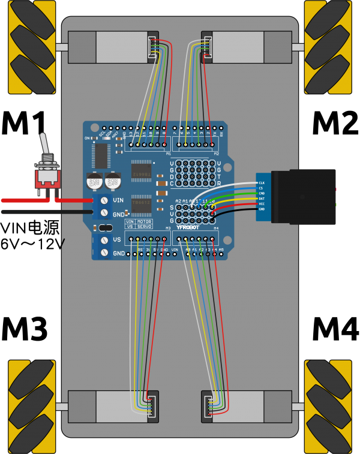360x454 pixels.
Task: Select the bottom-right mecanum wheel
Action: [x=328, y=407]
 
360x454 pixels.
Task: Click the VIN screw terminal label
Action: [x=118, y=200]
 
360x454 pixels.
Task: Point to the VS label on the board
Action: [x=116, y=240]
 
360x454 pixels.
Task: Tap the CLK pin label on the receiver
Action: [x=262, y=183]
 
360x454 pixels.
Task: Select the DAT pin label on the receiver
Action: [x=262, y=199]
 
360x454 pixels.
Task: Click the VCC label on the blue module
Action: [x=262, y=204]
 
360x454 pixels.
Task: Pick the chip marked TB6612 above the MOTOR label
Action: [x=142, y=204]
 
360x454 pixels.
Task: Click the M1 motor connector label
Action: [x=168, y=154]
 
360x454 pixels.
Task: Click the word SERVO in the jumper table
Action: [x=144, y=227]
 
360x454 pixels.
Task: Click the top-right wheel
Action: [x=328, y=47]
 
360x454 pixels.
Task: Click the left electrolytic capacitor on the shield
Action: [x=94, y=181]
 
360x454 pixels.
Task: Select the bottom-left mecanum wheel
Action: [x=31, y=407]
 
